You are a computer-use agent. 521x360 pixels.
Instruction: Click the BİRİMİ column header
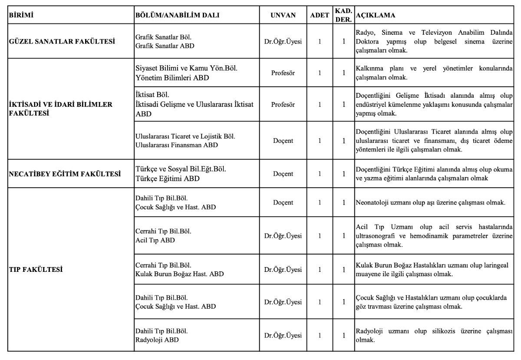tap(22, 15)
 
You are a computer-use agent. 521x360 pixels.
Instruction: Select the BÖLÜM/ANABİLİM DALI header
tap(178, 15)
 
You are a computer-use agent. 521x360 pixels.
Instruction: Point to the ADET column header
tap(320, 15)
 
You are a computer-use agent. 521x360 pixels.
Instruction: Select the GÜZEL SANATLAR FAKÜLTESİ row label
tap(62, 42)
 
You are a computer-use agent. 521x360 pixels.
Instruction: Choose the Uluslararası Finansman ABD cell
tap(176, 145)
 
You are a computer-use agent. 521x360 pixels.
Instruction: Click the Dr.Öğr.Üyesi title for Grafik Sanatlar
tap(283, 42)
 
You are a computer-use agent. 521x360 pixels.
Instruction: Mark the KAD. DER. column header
tap(343, 15)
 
